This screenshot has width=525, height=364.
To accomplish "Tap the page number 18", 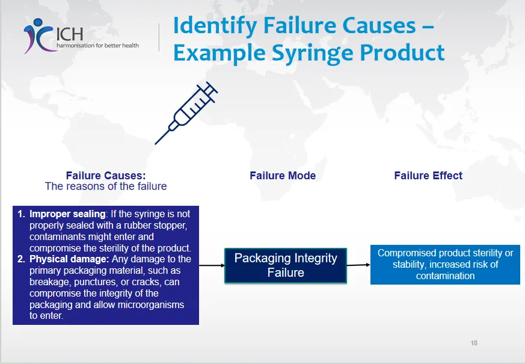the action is point(474,343).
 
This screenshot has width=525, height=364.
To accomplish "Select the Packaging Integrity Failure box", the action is point(286,265).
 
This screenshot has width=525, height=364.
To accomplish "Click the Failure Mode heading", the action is point(283,176).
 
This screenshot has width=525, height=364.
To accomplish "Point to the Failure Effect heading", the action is point(428,176).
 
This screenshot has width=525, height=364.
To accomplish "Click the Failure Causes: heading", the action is point(106,176).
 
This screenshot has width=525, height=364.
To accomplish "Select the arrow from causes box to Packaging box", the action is point(211,265).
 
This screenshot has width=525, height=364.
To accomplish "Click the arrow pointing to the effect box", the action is point(358,265).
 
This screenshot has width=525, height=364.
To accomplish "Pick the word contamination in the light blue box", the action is point(445,276).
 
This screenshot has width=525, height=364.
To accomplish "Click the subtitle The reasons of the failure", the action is point(106,187).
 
